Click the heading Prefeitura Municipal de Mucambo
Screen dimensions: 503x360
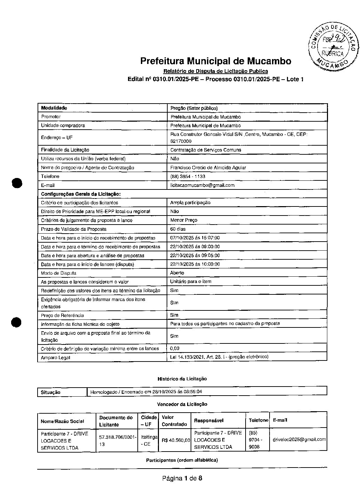tap(216, 61)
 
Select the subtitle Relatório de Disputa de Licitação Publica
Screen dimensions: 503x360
tap(216, 71)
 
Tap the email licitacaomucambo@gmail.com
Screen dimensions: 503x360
tap(202, 185)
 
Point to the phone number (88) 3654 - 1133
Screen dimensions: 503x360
tap(187, 177)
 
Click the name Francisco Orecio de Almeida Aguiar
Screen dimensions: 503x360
tap(208, 168)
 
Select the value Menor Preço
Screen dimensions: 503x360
tap(184, 220)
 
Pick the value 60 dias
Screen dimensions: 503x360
tap(178, 229)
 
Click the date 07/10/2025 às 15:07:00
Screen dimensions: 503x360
tap(195, 238)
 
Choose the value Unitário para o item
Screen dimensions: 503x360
tap(191, 282)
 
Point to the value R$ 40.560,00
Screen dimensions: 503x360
tap(176, 440)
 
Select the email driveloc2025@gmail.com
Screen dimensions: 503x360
tap(299, 439)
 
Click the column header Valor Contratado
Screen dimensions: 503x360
tap(174, 421)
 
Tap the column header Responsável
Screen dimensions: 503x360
tap(209, 421)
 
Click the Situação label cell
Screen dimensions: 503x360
tap(51, 392)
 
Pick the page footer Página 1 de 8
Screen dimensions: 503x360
tap(182, 478)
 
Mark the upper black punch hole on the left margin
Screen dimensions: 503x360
tap(17, 183)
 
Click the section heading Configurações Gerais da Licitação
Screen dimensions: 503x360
tap(81, 194)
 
